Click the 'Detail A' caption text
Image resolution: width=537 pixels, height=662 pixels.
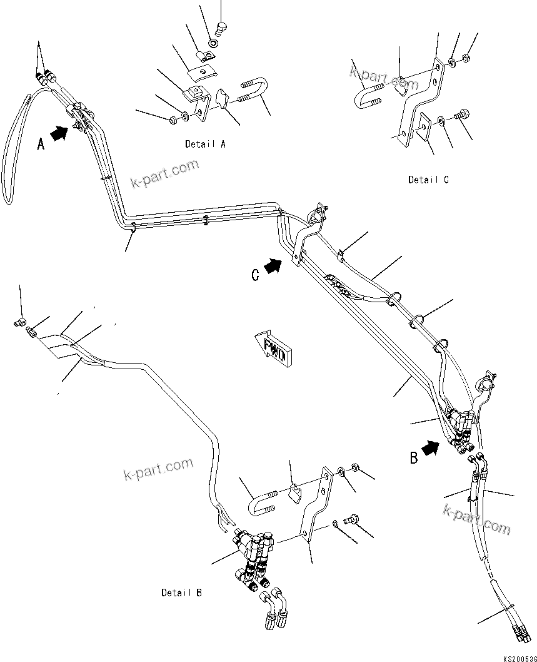(205, 144)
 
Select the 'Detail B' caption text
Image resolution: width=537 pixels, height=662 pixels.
(181, 593)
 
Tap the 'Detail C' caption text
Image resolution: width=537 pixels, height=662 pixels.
(428, 180)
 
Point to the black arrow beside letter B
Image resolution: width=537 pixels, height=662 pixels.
(430, 448)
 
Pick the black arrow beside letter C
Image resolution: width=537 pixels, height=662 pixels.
(273, 267)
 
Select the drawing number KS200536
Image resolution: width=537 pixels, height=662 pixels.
(518, 657)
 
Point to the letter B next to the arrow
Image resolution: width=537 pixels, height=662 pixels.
(413, 458)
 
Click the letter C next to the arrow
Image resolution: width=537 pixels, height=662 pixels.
(255, 275)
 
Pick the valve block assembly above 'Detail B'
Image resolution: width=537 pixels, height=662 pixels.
(256, 551)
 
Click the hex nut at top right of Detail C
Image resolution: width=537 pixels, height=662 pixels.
(466, 59)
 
